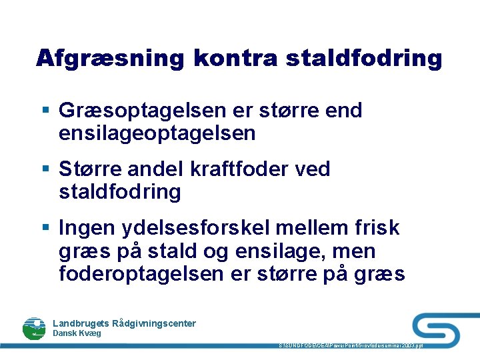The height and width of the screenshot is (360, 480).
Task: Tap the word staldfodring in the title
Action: pos(364,58)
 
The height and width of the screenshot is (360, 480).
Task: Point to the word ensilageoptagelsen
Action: pos(157,133)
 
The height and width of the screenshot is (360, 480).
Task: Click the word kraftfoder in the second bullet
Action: pos(231,169)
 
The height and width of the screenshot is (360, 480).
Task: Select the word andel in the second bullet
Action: pos(155,169)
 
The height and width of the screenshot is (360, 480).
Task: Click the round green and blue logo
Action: pos(34,327)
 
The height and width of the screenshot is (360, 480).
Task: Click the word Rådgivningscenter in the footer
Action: pos(155,323)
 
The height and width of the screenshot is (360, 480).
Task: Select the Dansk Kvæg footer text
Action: pos(77,333)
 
